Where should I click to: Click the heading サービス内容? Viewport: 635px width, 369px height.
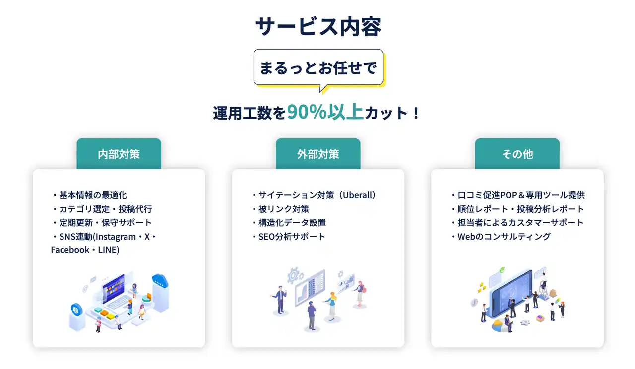pyautogui.click(x=318, y=26)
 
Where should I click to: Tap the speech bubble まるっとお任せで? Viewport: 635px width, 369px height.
pyautogui.click(x=318, y=67)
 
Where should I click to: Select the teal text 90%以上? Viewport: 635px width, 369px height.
pyautogui.click(x=325, y=112)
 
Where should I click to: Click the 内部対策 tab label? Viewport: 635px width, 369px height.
pyautogui.click(x=119, y=154)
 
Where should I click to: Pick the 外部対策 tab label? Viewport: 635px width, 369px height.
pyautogui.click(x=318, y=154)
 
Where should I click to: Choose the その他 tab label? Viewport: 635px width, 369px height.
pyautogui.click(x=517, y=154)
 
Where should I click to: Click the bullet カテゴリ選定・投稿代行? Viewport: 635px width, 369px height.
pyautogui.click(x=102, y=209)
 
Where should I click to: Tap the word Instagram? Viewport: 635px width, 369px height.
pyautogui.click(x=116, y=237)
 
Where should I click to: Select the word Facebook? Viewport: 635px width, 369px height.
pyautogui.click(x=70, y=250)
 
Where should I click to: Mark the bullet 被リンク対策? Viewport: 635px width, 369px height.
pyautogui.click(x=280, y=209)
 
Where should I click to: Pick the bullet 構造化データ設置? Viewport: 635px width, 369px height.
pyautogui.click(x=289, y=223)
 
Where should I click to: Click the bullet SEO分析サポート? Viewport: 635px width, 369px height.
pyautogui.click(x=288, y=237)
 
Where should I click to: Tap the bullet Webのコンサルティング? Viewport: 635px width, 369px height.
pyautogui.click(x=501, y=237)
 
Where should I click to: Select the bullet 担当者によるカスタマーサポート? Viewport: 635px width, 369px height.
pyautogui.click(x=517, y=223)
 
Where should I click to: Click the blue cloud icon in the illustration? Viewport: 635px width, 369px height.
pyautogui.click(x=160, y=280)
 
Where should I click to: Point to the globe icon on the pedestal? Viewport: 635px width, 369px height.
pyautogui.click(x=76, y=310)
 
